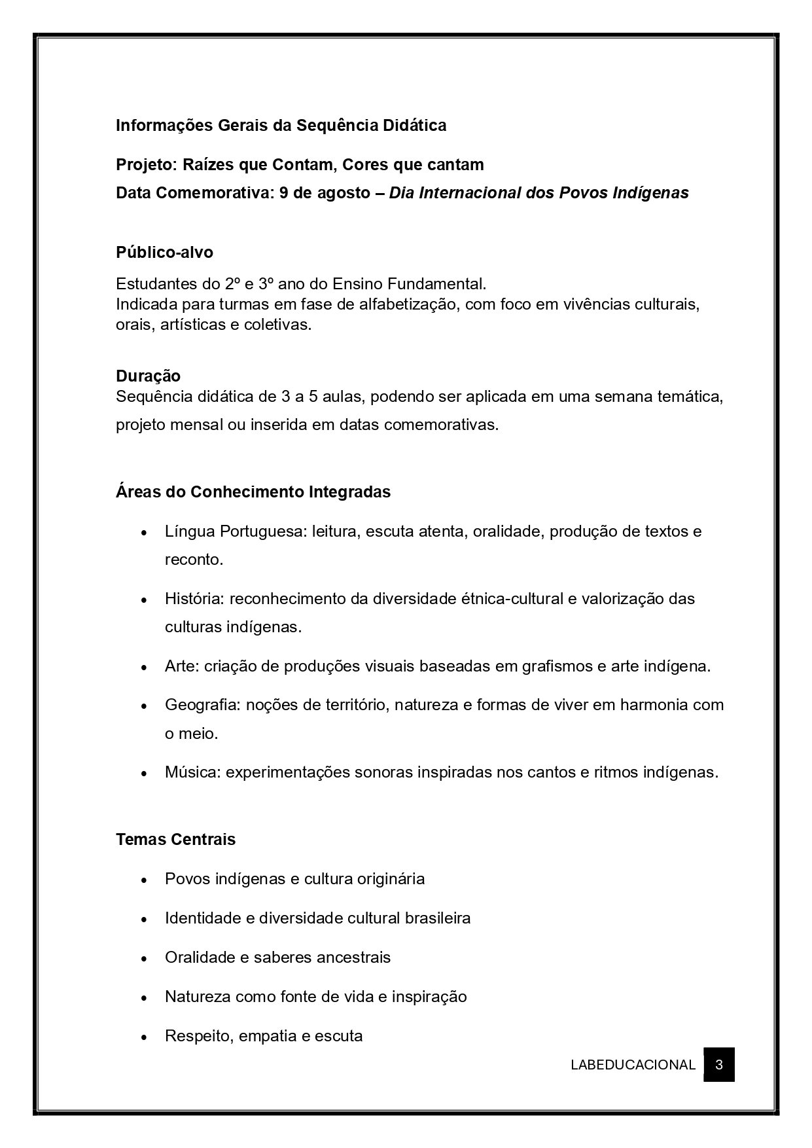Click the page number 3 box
pyautogui.click(x=718, y=1064)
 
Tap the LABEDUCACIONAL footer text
pyautogui.click(x=632, y=1065)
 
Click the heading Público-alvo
pyautogui.click(x=164, y=252)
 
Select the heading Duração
pyautogui.click(x=148, y=376)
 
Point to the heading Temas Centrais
pyautogui.click(x=175, y=839)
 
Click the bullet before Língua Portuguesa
pyautogui.click(x=143, y=532)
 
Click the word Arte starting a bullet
pyautogui.click(x=181, y=666)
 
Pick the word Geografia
pyautogui.click(x=195, y=705)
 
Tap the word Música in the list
pyautogui.click(x=192, y=772)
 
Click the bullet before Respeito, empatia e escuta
pyautogui.click(x=143, y=1037)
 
